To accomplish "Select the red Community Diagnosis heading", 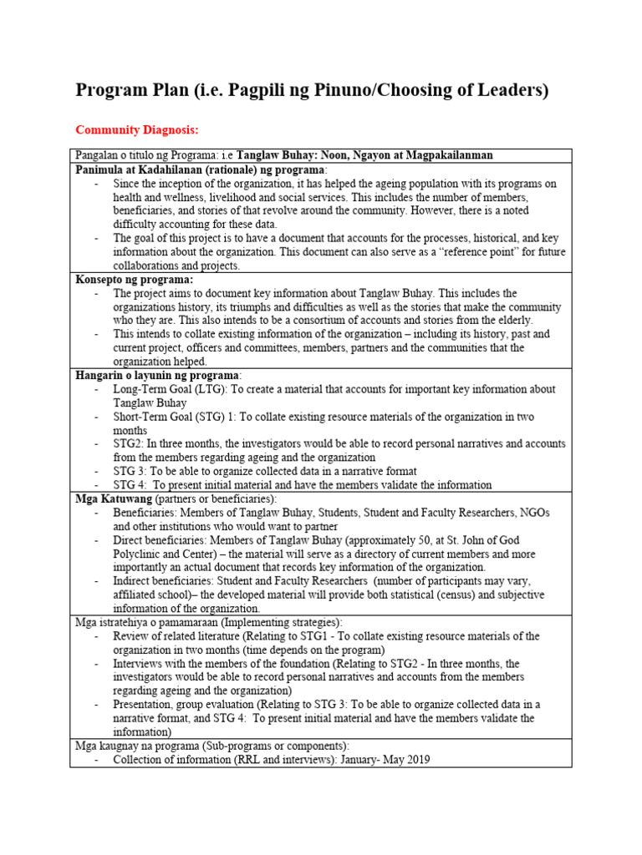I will pyautogui.click(x=138, y=130).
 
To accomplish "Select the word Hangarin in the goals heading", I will pyautogui.click(x=101, y=375).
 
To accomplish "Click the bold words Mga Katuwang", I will pyautogui.click(x=110, y=498).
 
